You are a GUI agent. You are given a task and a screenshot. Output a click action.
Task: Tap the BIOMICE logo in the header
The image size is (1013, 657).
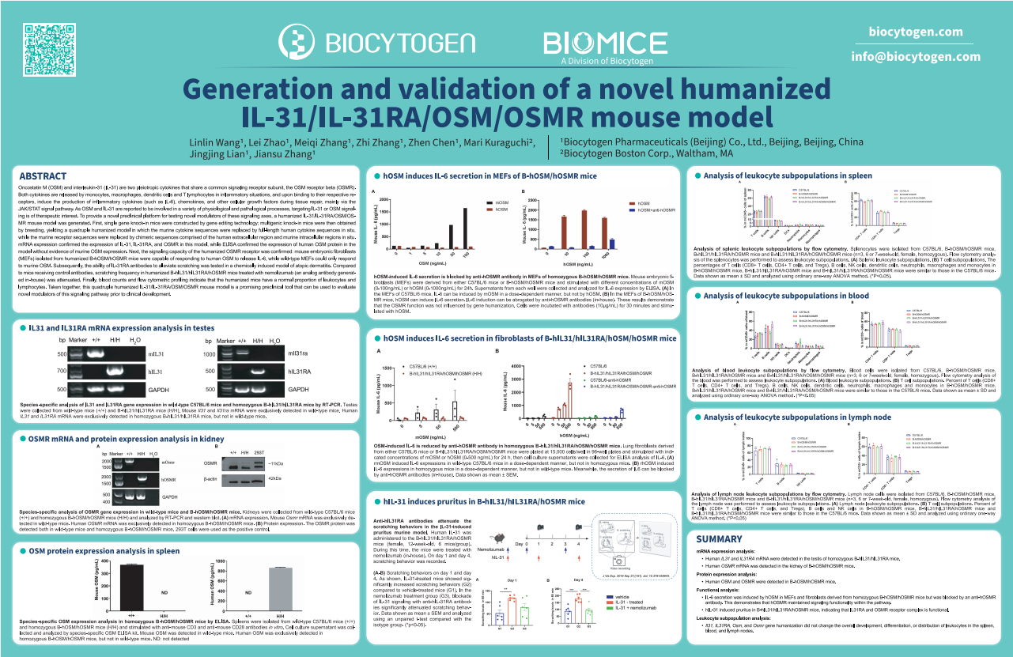(599, 43)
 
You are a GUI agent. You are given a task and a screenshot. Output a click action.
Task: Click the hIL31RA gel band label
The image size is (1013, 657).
(302, 371)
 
